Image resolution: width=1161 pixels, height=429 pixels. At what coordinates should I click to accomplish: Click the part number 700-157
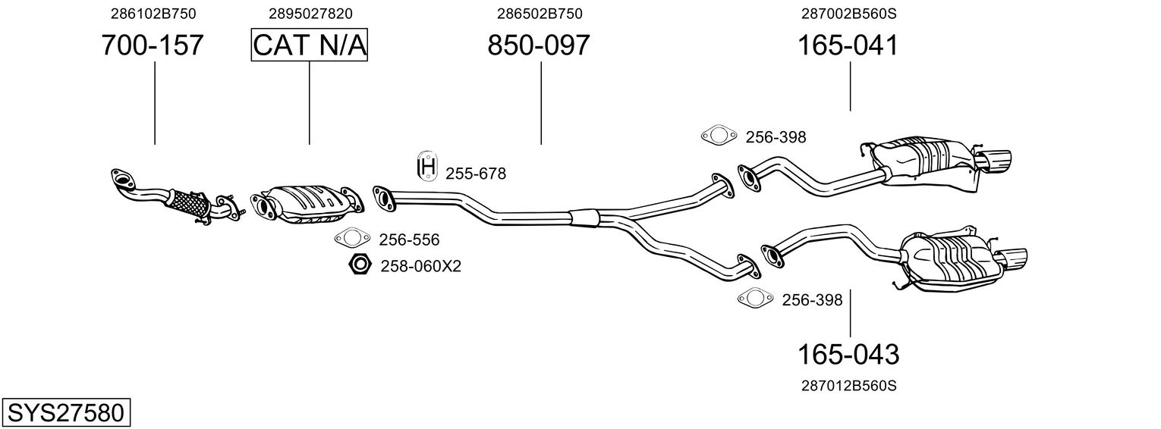[153, 45]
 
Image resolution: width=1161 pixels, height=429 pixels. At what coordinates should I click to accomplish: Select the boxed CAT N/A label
[310, 45]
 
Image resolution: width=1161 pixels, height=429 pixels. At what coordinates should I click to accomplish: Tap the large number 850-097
[538, 45]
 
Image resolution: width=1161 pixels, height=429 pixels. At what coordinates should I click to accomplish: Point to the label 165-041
[848, 45]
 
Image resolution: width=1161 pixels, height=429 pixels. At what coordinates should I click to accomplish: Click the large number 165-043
[848, 354]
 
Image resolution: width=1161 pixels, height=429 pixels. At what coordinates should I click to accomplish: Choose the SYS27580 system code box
[65, 413]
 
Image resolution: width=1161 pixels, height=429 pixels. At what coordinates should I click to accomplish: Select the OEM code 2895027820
[310, 14]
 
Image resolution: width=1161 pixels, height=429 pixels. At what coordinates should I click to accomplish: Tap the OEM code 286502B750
[540, 14]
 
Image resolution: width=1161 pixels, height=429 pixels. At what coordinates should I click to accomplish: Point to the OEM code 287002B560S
[848, 14]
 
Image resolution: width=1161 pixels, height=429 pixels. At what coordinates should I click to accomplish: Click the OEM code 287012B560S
[848, 386]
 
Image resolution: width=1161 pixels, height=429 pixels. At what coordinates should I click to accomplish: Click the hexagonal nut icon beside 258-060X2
[359, 265]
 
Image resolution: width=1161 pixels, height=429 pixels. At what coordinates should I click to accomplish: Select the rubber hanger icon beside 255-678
[428, 167]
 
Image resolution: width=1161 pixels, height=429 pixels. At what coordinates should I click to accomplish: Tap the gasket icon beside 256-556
[351, 239]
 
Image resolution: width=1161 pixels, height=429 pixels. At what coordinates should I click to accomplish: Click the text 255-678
[476, 174]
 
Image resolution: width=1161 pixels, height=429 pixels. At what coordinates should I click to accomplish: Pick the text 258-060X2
[421, 266]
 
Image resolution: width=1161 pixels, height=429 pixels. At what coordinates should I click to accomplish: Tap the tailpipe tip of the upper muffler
[994, 160]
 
